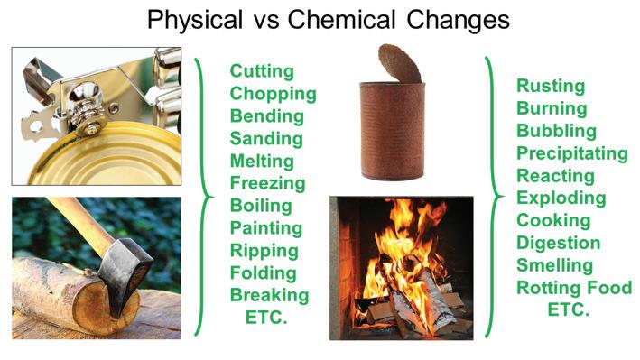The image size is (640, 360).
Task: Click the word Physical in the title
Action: point(195,20)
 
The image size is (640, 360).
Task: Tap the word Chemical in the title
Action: point(341,19)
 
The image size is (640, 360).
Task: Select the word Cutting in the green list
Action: point(262,71)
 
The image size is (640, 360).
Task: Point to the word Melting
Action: point(262,161)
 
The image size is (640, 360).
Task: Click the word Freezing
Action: point(268,183)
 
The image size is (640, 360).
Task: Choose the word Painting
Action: point(266,228)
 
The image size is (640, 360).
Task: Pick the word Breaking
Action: point(269,295)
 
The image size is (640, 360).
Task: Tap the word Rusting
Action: point(551,86)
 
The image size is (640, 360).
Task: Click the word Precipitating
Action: point(572,153)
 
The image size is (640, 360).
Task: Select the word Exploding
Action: point(561,198)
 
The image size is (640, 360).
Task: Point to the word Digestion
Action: point(559,243)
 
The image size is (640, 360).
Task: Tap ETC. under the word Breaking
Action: point(266,318)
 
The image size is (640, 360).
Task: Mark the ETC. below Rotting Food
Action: point(569,309)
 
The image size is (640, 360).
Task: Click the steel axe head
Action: point(125,272)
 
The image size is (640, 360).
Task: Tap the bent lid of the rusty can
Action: point(399,63)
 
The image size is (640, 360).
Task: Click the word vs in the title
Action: point(264,22)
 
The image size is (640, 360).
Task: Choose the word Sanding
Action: point(266,138)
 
